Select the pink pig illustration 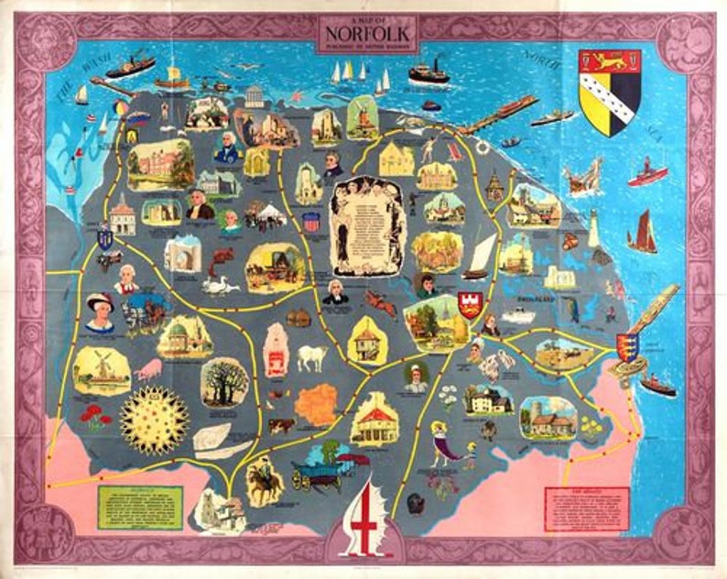pos(147,369)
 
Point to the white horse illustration pos(311,356)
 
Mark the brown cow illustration pos(280,425)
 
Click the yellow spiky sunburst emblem pos(154,420)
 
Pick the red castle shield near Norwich pos(472,304)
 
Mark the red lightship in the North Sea pos(647,174)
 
